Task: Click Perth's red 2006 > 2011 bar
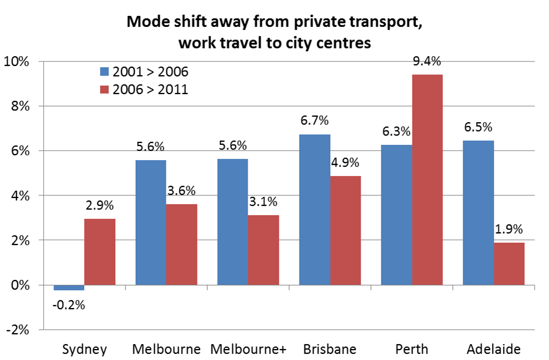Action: pos(427,180)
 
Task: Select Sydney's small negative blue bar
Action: pos(69,287)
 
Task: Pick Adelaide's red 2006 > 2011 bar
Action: pos(509,263)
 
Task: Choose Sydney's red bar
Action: pos(100,252)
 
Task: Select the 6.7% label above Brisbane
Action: pos(314,121)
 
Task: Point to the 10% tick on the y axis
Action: pos(18,61)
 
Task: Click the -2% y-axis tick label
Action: pos(18,330)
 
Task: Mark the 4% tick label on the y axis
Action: pos(20,196)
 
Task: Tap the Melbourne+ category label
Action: pos(248,350)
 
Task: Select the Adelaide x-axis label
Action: pos(493,350)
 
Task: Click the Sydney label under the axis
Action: pos(85,350)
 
